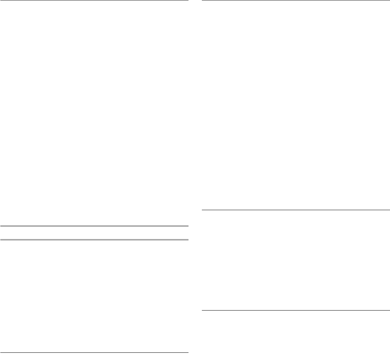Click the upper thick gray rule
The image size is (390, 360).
click(94, 226)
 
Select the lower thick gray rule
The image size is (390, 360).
click(94, 240)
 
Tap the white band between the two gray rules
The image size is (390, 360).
click(94, 233)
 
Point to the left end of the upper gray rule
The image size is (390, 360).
click(1, 226)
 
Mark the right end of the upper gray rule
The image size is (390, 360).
click(188, 226)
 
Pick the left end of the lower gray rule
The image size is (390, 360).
click(1, 240)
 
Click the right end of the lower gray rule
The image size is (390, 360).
click(188, 240)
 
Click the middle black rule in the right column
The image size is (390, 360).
click(295, 209)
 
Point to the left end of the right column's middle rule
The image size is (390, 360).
click(202, 209)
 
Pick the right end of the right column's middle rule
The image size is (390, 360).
click(389, 209)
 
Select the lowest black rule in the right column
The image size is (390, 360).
click(295, 310)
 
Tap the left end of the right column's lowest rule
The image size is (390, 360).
click(202, 310)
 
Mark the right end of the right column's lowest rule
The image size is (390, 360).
click(389, 310)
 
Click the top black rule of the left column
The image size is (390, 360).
click(94, 0)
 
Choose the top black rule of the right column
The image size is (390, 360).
click(295, 0)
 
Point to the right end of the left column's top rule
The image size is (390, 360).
click(188, 0)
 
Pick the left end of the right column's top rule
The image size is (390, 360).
click(202, 0)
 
